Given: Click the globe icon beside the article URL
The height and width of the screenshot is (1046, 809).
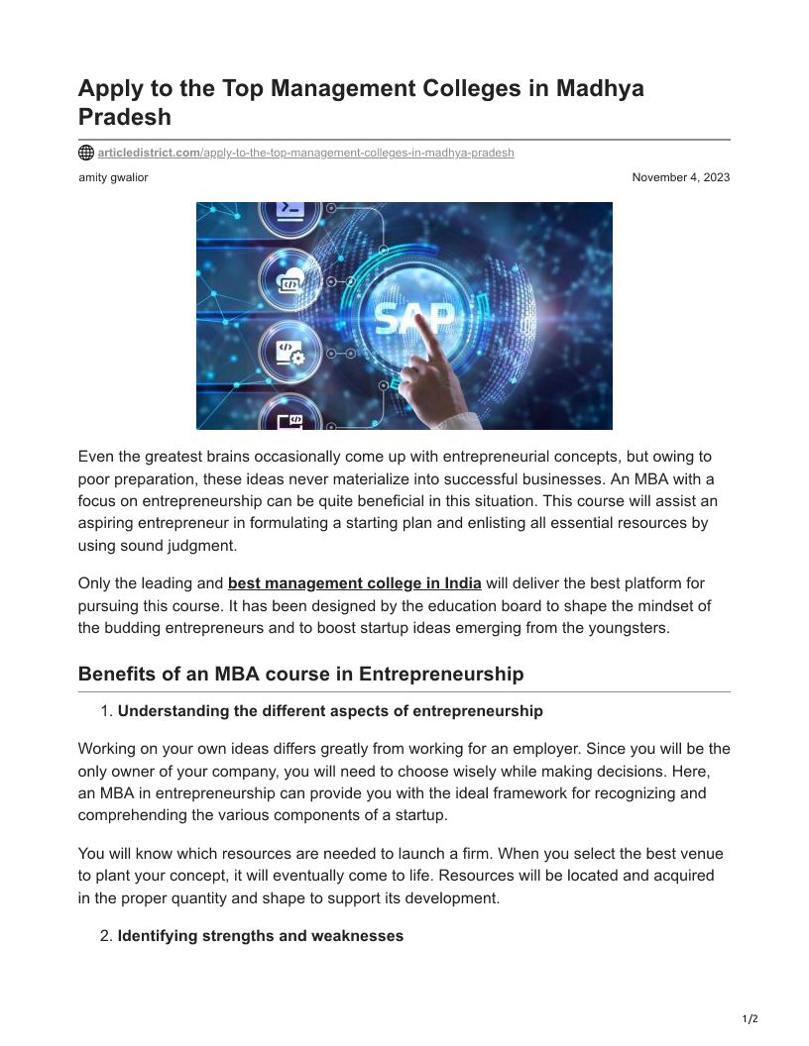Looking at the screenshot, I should click(x=86, y=154).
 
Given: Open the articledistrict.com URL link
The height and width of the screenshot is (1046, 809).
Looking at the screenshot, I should click(x=305, y=154).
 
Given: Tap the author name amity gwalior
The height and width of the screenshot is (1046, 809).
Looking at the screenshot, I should click(x=113, y=177).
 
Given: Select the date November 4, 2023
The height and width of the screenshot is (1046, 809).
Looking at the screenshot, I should click(x=680, y=177).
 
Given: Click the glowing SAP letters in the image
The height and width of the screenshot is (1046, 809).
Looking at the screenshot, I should click(x=413, y=317).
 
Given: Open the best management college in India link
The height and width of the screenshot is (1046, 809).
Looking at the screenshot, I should click(x=354, y=583).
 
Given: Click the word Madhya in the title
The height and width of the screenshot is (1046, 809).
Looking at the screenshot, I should click(x=600, y=88).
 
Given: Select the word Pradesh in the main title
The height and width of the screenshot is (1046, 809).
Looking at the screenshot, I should click(x=125, y=117).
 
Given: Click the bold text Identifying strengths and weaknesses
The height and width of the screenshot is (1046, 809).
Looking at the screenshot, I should click(x=260, y=936).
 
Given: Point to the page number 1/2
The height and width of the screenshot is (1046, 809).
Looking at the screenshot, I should click(x=750, y=1019).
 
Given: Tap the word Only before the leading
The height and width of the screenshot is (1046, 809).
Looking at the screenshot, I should click(x=94, y=583).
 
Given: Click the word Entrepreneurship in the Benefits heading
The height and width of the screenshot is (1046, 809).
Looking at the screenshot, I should click(x=440, y=675).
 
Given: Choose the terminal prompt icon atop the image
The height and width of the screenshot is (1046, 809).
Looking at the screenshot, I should click(x=290, y=210).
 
